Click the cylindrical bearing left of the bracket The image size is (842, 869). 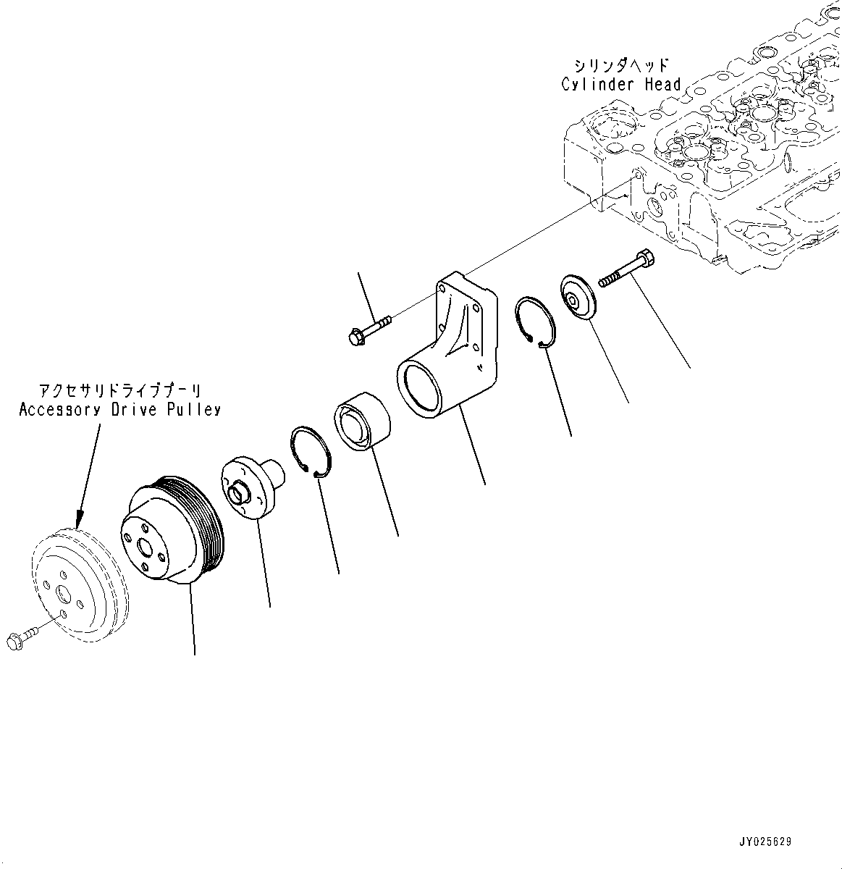pyautogui.click(x=361, y=422)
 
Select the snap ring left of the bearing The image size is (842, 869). pyautogui.click(x=311, y=452)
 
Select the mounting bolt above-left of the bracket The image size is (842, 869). pyautogui.click(x=369, y=328)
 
